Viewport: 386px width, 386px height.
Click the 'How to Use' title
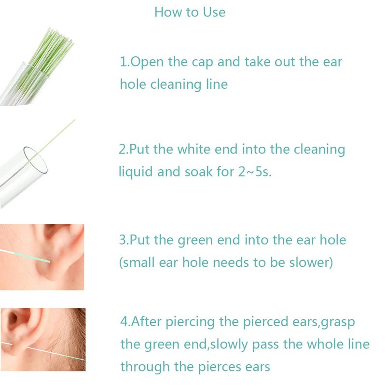click(190, 12)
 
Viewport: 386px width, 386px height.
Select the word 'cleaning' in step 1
click(176, 85)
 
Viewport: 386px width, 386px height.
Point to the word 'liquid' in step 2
click(136, 172)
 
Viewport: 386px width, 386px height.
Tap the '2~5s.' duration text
click(255, 172)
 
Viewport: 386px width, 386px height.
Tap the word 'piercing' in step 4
click(190, 322)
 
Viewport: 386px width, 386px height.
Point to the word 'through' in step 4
click(145, 367)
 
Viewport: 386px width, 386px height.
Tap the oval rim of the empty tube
click(36, 161)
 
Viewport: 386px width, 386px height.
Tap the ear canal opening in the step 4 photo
click(13, 319)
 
